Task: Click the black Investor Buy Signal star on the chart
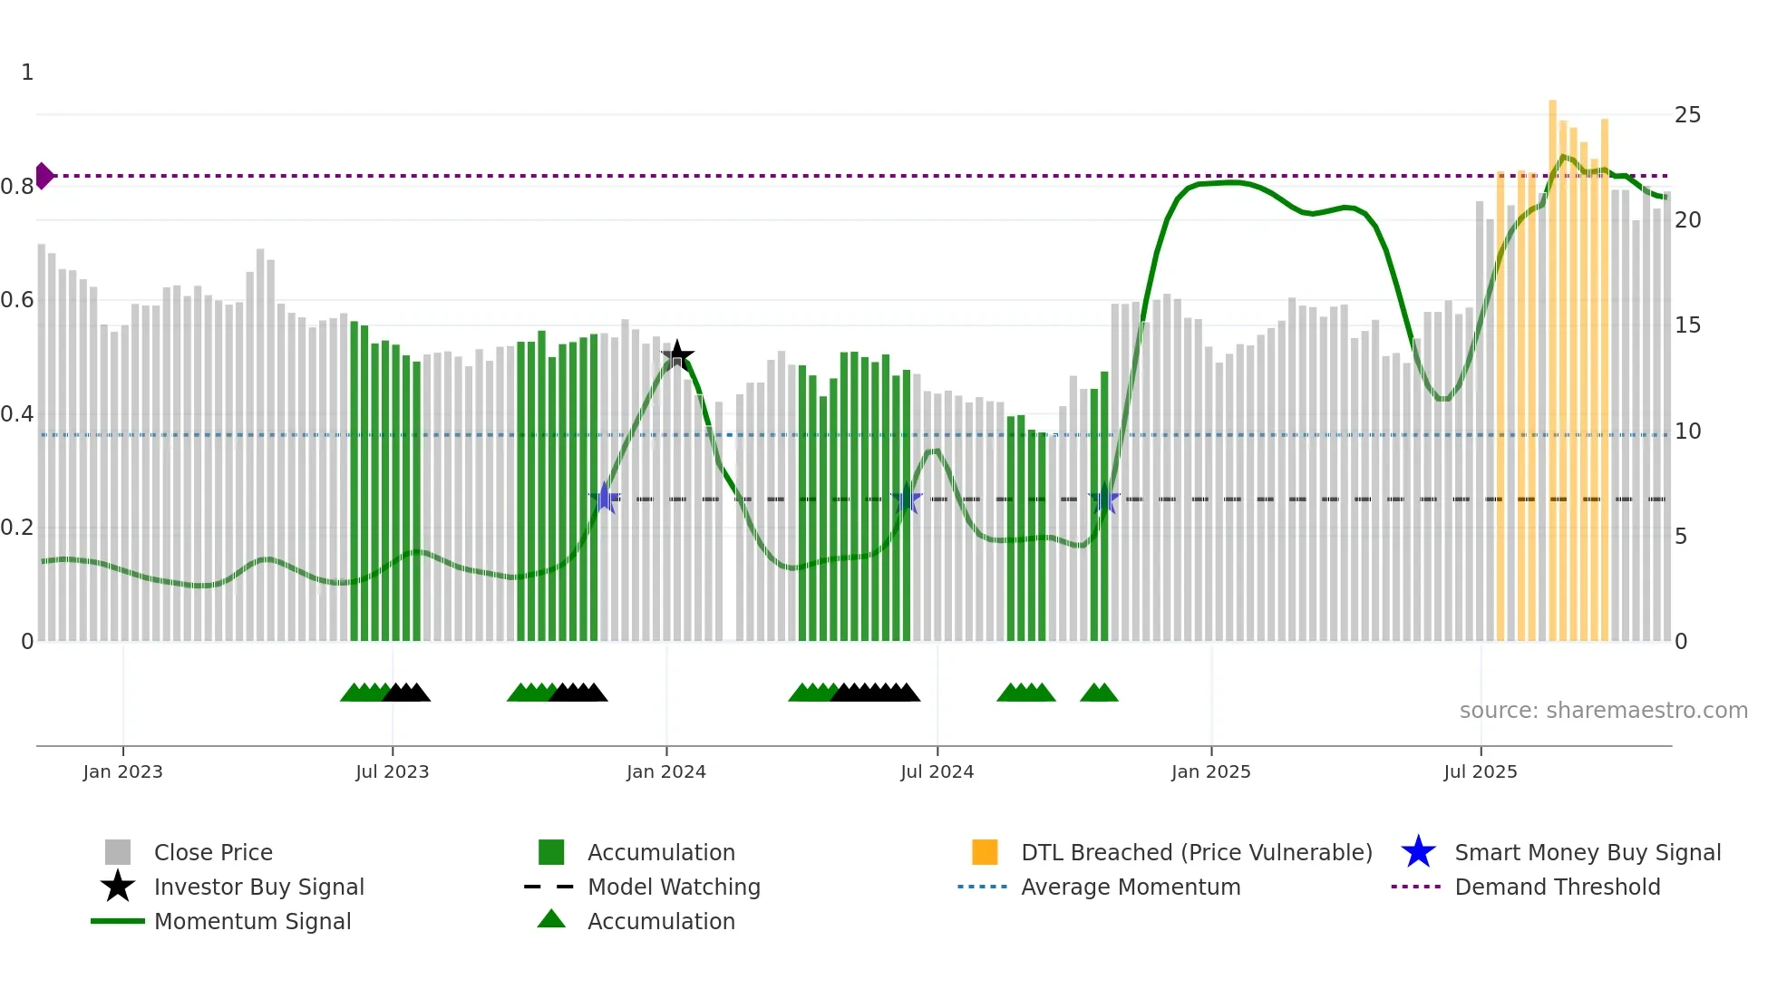(x=677, y=355)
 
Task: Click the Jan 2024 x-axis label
(x=665, y=771)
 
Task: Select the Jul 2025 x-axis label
(x=1480, y=771)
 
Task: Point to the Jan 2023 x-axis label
(x=122, y=771)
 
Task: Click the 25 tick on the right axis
(x=1687, y=115)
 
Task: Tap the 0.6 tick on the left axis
(x=17, y=300)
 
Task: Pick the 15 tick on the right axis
(x=1687, y=325)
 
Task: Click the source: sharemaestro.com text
(x=1603, y=711)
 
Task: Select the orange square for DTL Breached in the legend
(x=985, y=852)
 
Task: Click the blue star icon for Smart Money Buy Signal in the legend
(x=1418, y=852)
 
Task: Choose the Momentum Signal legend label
(x=252, y=921)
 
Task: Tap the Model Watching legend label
(x=674, y=887)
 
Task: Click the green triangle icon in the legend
(x=551, y=920)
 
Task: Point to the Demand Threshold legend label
(x=1557, y=887)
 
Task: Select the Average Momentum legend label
(x=1131, y=887)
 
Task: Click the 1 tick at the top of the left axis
(x=27, y=73)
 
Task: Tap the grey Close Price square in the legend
(x=118, y=852)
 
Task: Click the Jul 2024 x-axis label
(x=937, y=771)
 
